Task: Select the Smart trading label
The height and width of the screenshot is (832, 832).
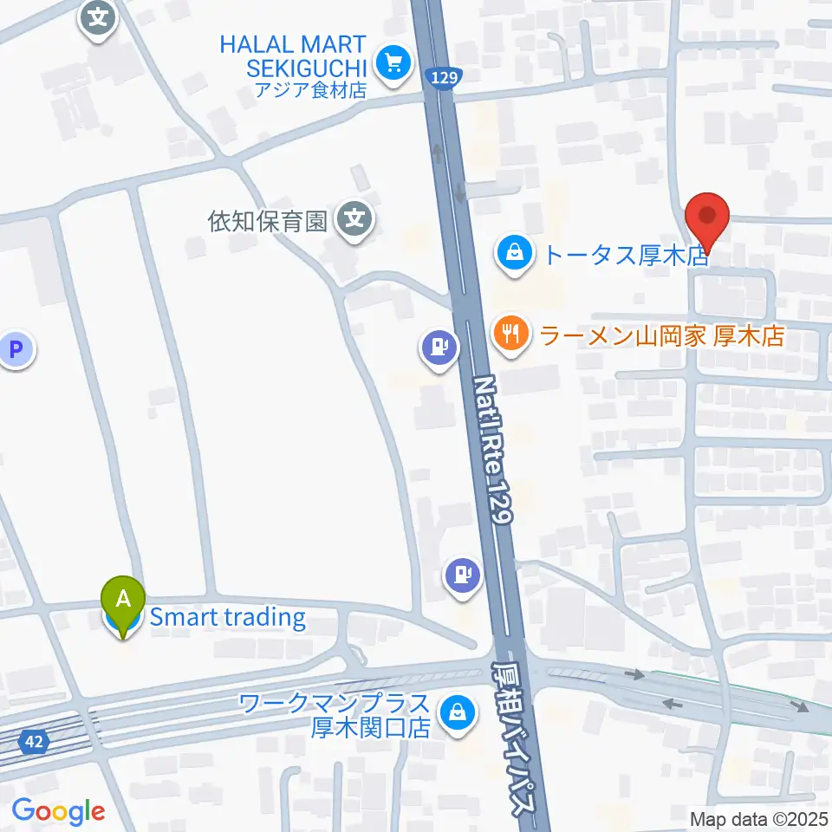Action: point(227,618)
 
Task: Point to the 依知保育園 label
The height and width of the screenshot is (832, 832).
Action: point(267,222)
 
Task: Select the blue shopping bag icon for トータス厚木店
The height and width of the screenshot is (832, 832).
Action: point(515,255)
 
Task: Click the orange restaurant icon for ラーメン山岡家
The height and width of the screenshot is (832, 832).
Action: point(512,334)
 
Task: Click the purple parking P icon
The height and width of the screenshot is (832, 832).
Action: point(15,350)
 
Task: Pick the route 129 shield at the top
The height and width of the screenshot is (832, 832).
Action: point(443,79)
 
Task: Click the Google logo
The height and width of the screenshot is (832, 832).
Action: point(57,811)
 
